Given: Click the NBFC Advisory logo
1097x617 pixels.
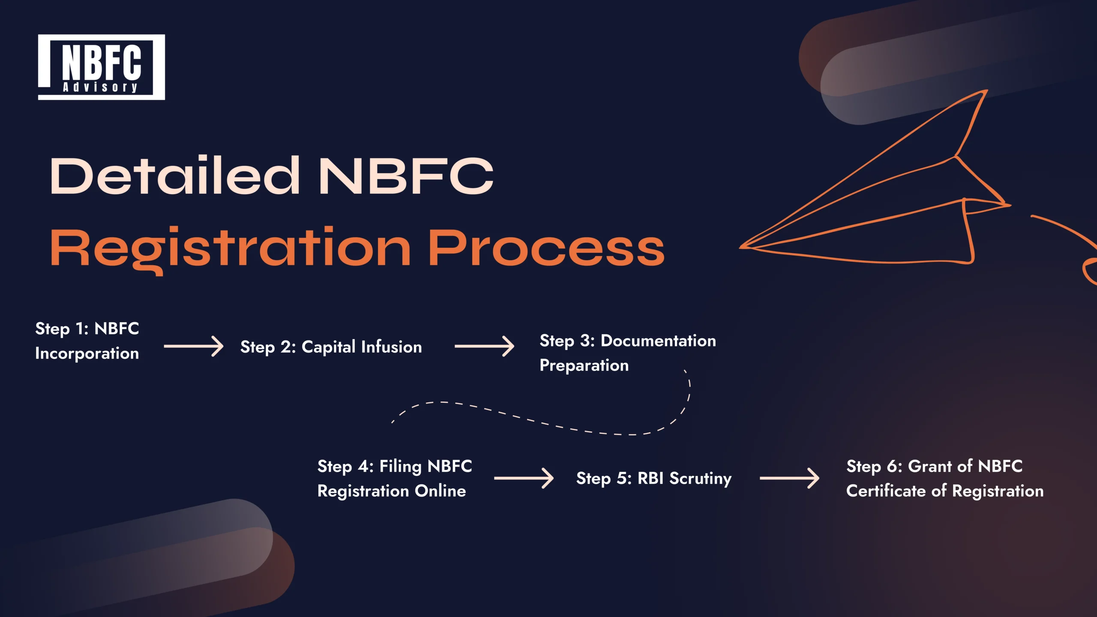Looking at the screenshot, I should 101,67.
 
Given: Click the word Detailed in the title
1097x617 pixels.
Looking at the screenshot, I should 175,176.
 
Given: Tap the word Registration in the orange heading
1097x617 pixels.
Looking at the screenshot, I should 231,249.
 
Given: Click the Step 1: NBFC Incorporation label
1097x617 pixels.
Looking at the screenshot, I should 87,341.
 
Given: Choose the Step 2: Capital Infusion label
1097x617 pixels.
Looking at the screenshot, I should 331,347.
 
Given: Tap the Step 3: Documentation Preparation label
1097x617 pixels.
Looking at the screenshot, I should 627,353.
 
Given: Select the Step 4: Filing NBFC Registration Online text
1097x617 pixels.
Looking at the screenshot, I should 394,479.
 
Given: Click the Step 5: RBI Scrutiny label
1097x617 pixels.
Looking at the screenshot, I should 653,479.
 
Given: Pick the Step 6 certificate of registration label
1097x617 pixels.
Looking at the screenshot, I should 944,479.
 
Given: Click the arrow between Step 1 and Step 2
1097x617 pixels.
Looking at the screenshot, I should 193,346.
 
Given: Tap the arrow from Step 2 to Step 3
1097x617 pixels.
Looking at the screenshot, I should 484,346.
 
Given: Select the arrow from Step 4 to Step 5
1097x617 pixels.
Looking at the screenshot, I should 524,478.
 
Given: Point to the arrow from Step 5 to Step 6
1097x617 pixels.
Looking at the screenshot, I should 789,478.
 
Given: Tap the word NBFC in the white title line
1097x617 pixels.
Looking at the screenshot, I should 406,176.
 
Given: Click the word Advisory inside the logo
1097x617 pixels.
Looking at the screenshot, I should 100,87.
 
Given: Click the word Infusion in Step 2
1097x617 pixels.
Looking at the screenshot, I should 391,347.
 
